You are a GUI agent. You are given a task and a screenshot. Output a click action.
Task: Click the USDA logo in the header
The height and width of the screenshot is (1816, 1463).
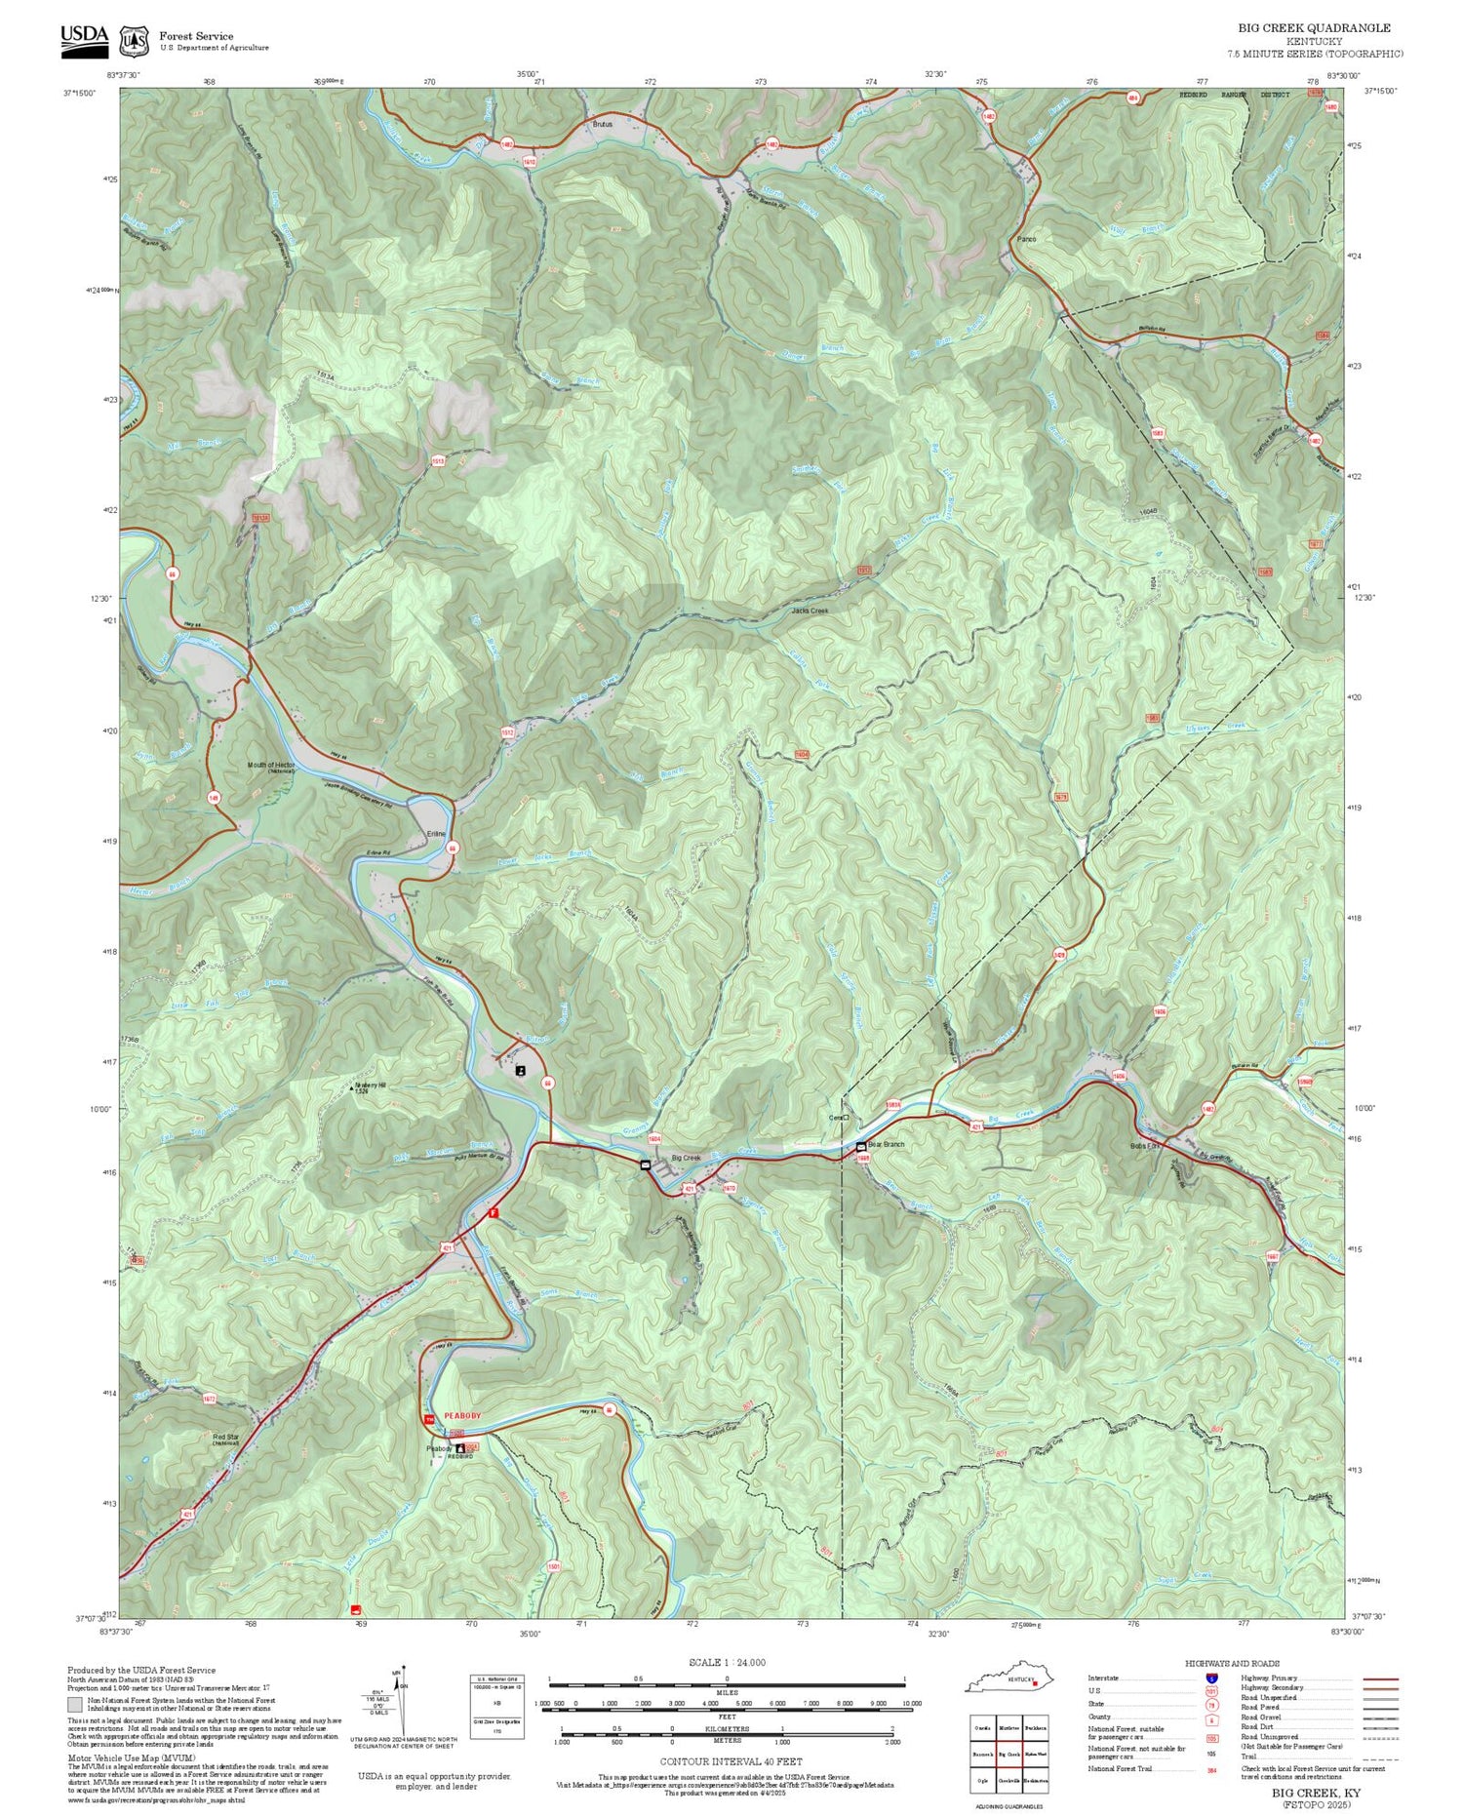84,40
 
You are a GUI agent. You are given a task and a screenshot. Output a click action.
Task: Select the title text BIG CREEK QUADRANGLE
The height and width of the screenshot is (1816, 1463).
1314,28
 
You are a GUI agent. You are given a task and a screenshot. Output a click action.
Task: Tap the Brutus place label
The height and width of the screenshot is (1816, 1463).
602,125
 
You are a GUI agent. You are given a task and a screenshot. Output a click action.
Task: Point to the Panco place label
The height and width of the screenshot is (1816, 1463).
1025,239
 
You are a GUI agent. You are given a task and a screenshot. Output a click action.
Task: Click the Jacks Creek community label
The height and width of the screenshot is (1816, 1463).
809,612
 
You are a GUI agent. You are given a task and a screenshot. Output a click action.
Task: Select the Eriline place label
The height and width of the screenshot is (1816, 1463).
436,834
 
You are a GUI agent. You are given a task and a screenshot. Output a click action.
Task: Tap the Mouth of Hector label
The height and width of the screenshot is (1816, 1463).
270,766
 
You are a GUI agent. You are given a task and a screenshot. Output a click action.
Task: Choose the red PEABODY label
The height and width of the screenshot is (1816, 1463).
462,1415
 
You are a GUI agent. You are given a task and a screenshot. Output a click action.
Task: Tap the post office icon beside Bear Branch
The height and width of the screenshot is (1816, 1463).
861,1145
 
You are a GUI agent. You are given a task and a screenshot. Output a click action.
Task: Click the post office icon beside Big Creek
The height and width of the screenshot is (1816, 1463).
645,1165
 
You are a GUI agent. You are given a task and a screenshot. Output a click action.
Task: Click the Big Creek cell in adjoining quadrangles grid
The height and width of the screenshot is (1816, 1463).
1008,1754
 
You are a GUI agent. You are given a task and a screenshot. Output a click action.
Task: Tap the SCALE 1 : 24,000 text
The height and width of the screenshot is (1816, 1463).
727,1663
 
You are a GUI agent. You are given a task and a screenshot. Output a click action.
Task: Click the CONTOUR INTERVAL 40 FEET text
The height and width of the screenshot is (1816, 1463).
731,1761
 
